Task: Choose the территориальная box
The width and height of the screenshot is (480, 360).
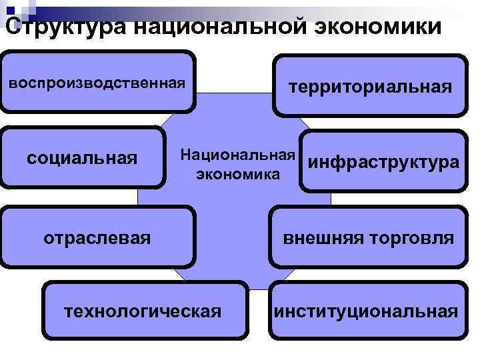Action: (x=369, y=87)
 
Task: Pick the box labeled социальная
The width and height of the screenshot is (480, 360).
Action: (x=82, y=158)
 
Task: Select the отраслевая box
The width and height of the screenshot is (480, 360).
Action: (x=97, y=237)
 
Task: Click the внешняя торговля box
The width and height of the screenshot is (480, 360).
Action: (x=369, y=237)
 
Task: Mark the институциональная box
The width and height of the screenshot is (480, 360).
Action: (x=368, y=311)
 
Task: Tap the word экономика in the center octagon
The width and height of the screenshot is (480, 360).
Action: (x=237, y=175)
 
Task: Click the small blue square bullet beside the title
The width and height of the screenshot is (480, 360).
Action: (x=11, y=10)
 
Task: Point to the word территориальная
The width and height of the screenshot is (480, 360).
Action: (x=369, y=87)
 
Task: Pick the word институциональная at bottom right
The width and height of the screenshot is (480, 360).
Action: (x=368, y=311)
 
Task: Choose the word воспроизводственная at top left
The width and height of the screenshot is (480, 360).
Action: (x=97, y=84)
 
